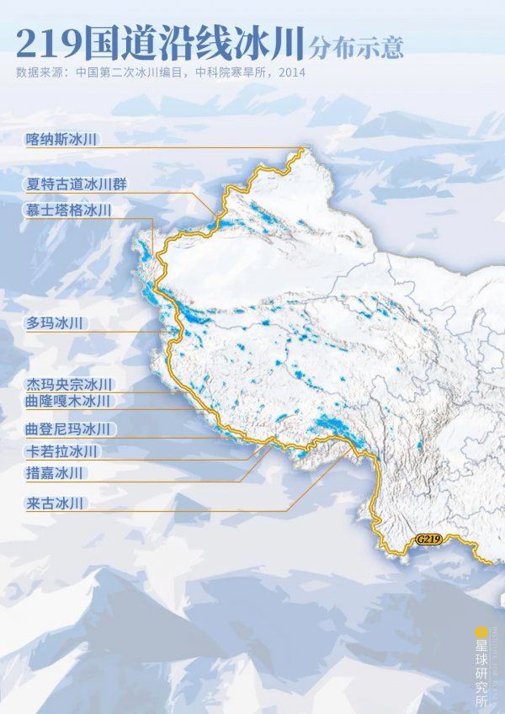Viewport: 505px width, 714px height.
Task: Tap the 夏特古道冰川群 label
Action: [x=77, y=184]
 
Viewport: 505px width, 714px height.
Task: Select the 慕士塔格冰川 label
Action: [x=69, y=209]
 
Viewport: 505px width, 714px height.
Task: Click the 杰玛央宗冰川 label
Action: [x=69, y=384]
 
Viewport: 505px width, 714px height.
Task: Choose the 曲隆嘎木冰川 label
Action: [x=69, y=401]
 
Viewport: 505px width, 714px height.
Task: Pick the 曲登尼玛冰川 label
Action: [x=69, y=429]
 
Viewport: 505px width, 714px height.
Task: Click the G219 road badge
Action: [x=428, y=540]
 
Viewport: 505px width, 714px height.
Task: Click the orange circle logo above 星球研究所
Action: [x=481, y=631]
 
